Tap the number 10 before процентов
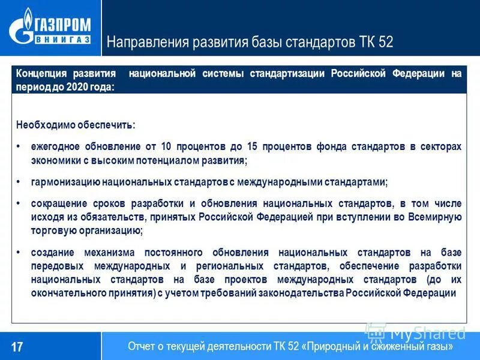166,146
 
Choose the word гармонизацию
65,182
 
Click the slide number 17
17,347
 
